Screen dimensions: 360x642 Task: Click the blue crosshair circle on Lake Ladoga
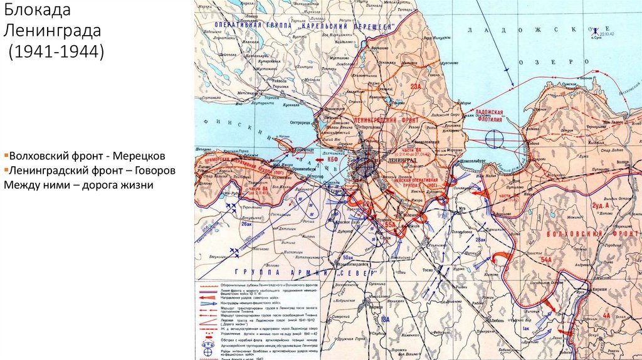pyautogui.click(x=495, y=136)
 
